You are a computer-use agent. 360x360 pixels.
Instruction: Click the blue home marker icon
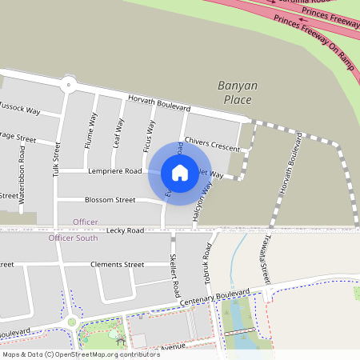tap(180, 172)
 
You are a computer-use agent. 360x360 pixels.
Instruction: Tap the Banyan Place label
tap(234, 92)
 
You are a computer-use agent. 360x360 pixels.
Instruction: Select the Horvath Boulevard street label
tap(158, 102)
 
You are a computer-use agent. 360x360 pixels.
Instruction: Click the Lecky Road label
tap(124, 230)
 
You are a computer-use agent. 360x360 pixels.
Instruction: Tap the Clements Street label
tap(117, 265)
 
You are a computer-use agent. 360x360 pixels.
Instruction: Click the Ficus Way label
tap(148, 136)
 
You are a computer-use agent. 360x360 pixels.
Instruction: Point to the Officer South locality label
tap(73, 238)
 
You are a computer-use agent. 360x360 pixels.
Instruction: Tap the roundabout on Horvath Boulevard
tap(69, 83)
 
